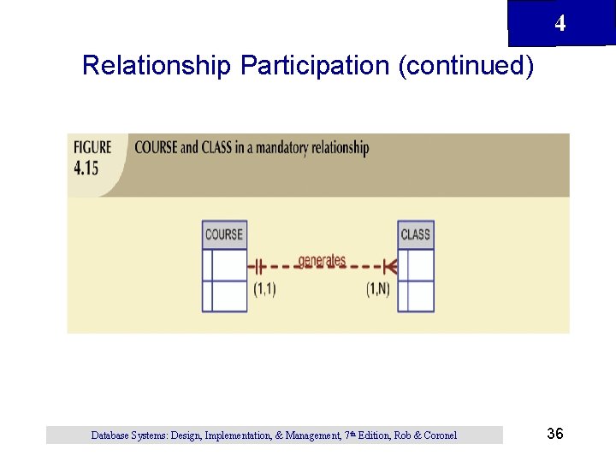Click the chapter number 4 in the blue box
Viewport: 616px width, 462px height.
tap(560, 24)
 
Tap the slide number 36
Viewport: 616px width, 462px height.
tap(554, 435)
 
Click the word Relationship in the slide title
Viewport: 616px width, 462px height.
tap(157, 66)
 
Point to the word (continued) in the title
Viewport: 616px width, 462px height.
tap(466, 66)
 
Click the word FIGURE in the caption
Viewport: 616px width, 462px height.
tap(93, 147)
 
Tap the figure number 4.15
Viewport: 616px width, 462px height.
tap(86, 167)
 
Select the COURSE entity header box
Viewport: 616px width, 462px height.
tap(224, 234)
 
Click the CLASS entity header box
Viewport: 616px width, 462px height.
tap(416, 234)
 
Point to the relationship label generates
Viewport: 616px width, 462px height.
tap(322, 260)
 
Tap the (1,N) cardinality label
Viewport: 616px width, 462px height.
tap(377, 289)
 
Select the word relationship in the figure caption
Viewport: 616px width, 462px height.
tap(336, 148)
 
